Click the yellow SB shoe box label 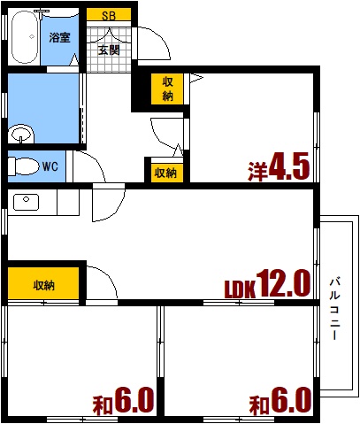coord(109,15)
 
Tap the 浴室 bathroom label coord(60,38)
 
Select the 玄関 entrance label coord(109,50)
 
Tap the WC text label coord(50,166)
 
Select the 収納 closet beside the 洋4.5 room coord(167,89)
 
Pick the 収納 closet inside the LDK coord(43,285)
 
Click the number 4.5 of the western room coord(289,167)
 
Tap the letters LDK coord(239,289)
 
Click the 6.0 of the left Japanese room coord(134,402)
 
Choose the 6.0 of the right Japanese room coord(291,402)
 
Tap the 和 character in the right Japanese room coord(258,406)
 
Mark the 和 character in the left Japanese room coord(103,406)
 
